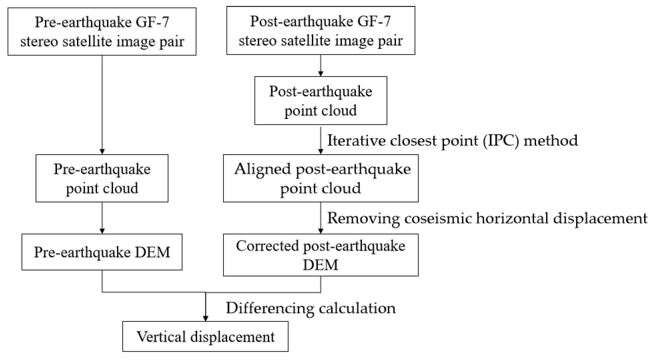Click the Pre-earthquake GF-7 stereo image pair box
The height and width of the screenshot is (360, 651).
pos(102,31)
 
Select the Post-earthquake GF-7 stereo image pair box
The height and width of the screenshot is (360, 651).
pos(320,30)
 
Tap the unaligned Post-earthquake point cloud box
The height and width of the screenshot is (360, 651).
pos(320,100)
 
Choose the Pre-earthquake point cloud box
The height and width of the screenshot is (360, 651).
pos(102,178)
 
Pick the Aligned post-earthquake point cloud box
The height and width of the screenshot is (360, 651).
pos(320,178)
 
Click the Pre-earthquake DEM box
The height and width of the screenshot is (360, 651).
pos(102,252)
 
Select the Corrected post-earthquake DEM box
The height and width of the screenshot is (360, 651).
pos(320,255)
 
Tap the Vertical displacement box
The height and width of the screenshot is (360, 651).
pos(205,336)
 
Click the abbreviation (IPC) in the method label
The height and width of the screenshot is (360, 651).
pos(501,140)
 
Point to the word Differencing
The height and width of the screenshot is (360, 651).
pos(270,308)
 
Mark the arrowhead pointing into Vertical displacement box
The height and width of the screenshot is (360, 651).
pos(206,318)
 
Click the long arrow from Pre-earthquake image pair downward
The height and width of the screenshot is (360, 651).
pos(102,105)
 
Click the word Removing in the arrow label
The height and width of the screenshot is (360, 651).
pos(363,218)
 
